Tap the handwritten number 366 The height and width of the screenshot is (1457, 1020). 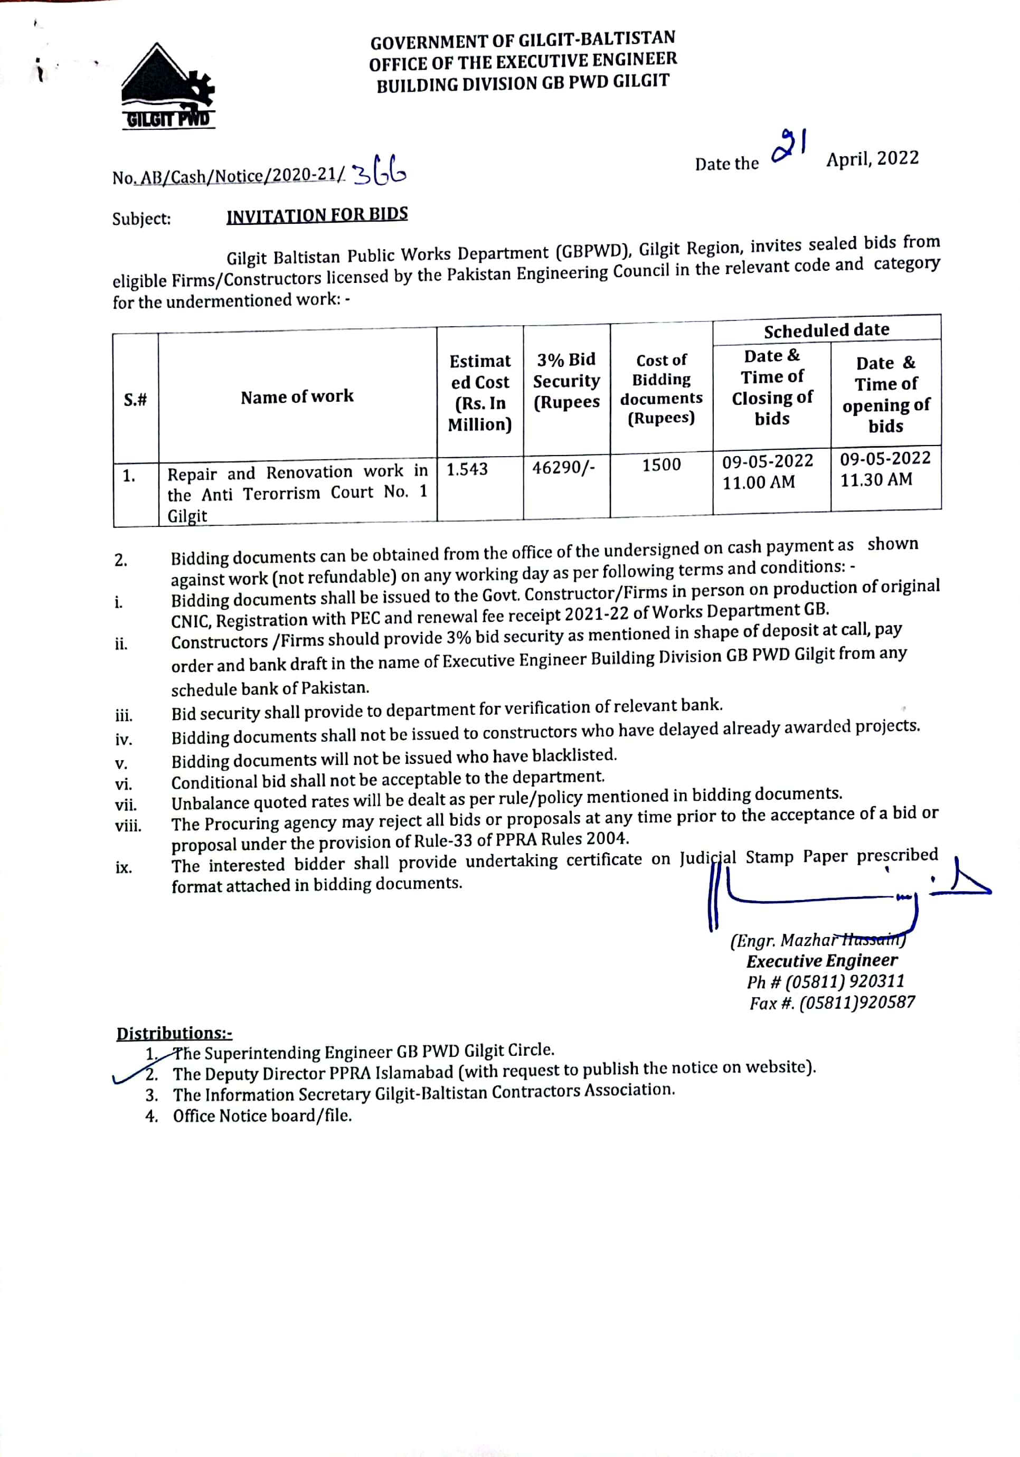point(379,171)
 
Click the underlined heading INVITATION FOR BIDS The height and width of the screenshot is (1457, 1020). point(317,215)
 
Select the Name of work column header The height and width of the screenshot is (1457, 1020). point(297,396)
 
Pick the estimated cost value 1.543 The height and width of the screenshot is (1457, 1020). point(467,470)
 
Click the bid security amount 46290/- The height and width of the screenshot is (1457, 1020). point(563,468)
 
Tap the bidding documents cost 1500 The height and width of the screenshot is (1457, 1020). point(661,465)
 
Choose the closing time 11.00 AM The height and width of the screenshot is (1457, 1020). point(759,483)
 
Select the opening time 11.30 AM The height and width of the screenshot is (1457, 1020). point(876,480)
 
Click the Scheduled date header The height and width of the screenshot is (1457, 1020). point(826,330)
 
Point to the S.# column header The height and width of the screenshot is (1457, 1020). point(135,400)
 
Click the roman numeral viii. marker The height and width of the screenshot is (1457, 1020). point(128,826)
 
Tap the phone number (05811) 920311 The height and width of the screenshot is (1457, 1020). point(844,982)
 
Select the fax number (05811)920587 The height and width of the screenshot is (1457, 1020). point(857,1004)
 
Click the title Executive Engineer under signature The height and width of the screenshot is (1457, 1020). point(822,961)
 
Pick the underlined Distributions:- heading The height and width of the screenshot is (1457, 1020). point(174,1034)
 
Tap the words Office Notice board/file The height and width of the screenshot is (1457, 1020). point(262,1116)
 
